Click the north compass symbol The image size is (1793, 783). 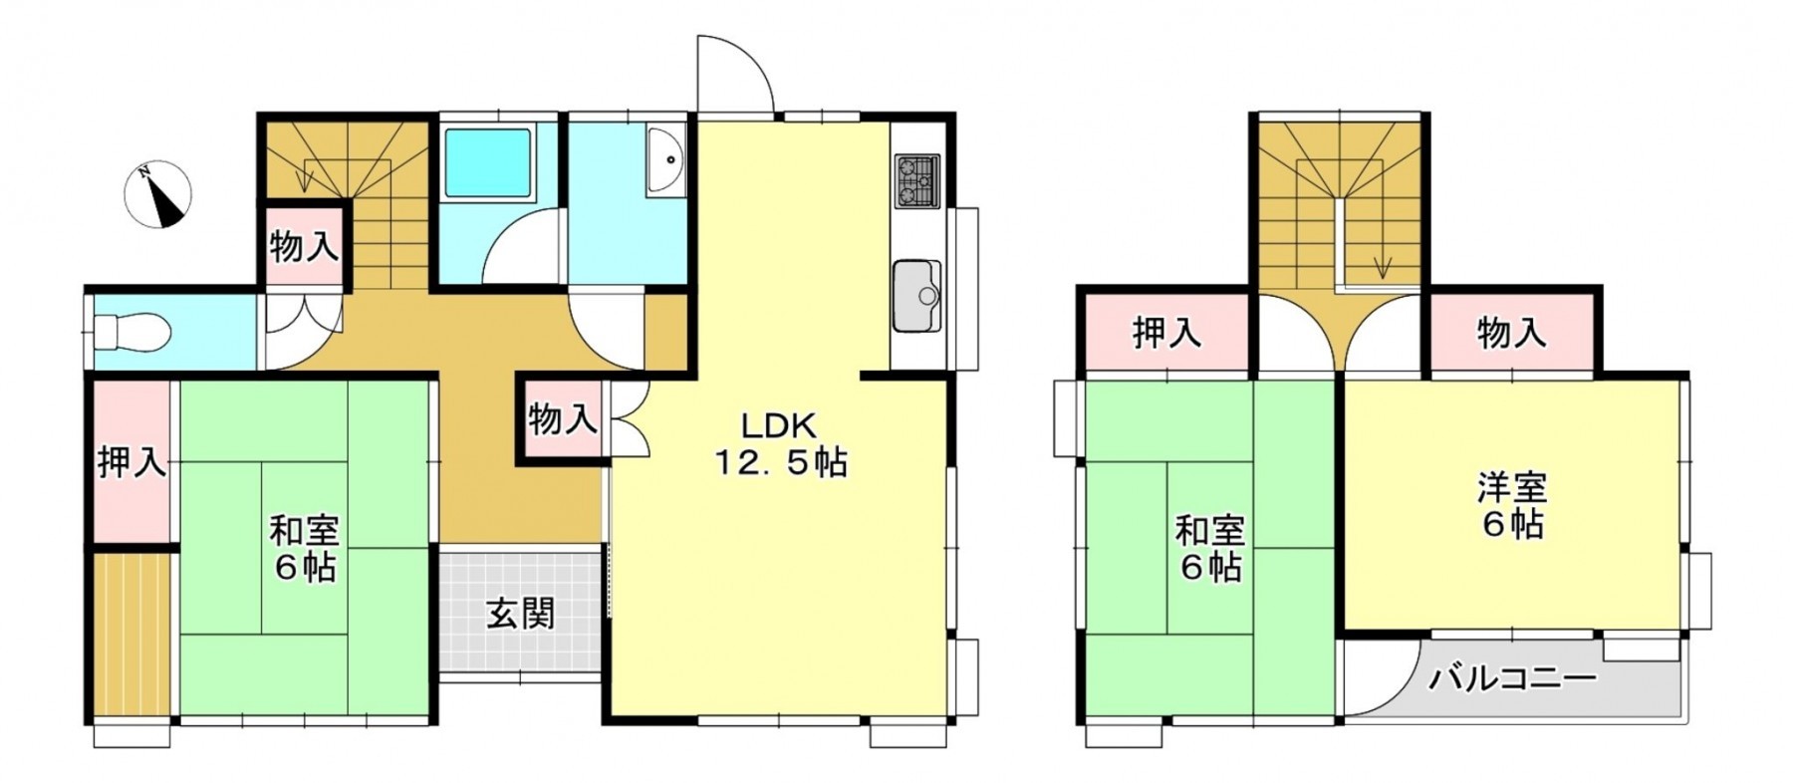(x=158, y=194)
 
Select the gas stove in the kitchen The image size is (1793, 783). (x=916, y=181)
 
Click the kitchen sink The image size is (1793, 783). (x=916, y=296)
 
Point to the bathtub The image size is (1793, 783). (x=487, y=162)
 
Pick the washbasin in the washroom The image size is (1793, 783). (x=664, y=159)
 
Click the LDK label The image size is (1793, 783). (x=778, y=426)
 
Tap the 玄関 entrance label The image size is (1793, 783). (x=520, y=614)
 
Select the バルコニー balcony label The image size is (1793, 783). (x=1512, y=680)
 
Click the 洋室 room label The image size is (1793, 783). (x=1511, y=488)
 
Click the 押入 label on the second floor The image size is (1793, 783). (x=1166, y=334)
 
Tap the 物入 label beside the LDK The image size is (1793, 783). (x=563, y=419)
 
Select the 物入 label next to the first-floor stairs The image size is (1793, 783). (x=304, y=245)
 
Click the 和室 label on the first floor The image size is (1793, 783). (x=305, y=530)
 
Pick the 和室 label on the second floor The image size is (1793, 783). (x=1210, y=530)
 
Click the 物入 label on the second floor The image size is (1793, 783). (x=1511, y=334)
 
